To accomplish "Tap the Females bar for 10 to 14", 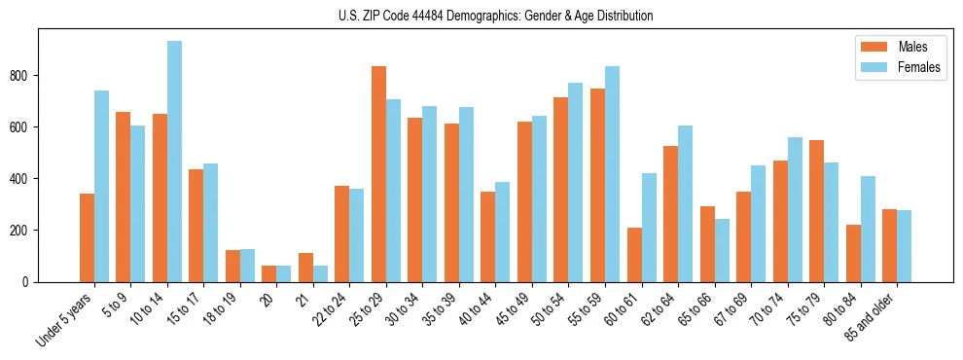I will (174, 162).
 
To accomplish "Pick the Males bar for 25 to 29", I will (378, 174).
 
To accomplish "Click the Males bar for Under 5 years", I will (87, 237).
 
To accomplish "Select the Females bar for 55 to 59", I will (612, 174).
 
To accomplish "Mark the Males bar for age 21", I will (305, 268).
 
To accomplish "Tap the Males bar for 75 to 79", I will (816, 211).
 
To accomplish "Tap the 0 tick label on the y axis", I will (28, 282).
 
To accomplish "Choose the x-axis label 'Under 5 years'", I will (64, 319).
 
